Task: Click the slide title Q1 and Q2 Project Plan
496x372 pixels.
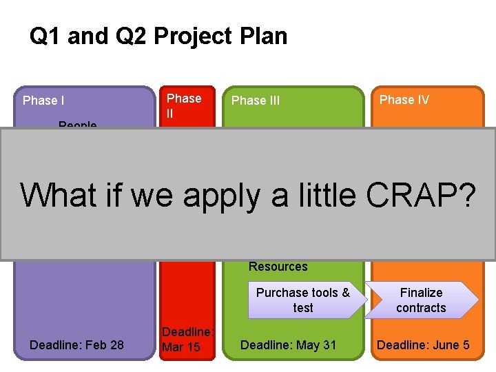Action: (x=158, y=37)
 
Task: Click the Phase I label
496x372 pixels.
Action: (x=44, y=101)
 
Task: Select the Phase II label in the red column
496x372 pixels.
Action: (x=184, y=106)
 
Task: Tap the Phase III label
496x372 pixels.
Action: (x=256, y=101)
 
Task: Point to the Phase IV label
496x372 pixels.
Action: (x=404, y=100)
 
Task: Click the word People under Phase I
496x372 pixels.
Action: (x=78, y=125)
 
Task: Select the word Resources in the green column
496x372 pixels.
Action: (x=278, y=267)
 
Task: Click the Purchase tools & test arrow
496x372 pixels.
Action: (x=303, y=300)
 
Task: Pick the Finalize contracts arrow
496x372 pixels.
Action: (x=421, y=300)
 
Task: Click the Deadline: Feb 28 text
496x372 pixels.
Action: (x=77, y=344)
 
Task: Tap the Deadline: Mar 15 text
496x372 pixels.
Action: (x=187, y=340)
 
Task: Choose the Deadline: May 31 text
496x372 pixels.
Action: (x=288, y=344)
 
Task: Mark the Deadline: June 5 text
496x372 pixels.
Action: (x=423, y=344)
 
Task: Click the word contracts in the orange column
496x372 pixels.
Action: (x=421, y=308)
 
